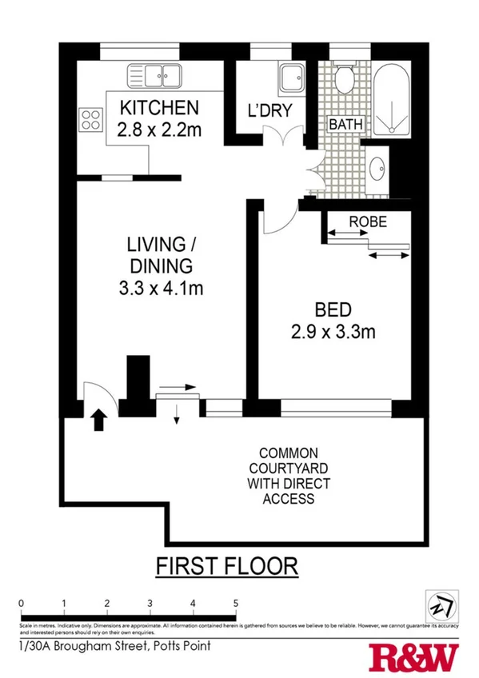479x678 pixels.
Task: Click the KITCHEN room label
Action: [x=158, y=107]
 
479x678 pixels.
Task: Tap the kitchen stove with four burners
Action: [x=91, y=119]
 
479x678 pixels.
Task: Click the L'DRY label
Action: [x=269, y=111]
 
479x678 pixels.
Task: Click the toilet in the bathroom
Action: [x=345, y=78]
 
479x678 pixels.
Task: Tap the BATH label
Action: [x=345, y=125]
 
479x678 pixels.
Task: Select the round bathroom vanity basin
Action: [x=379, y=169]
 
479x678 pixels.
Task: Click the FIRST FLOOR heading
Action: [x=227, y=567]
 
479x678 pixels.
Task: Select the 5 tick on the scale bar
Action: [x=235, y=604]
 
